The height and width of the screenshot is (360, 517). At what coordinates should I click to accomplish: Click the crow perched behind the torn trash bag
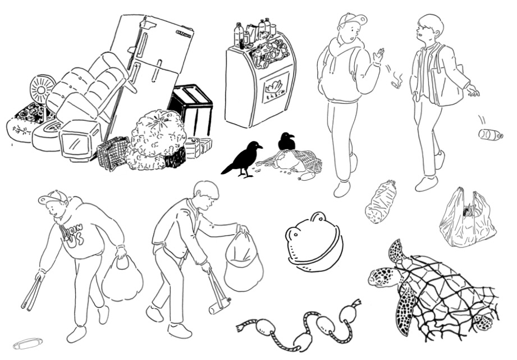click(286, 141)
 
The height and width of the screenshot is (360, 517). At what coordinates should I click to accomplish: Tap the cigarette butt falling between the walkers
click(397, 83)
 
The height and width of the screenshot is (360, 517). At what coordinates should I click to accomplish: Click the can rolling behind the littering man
click(489, 134)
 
